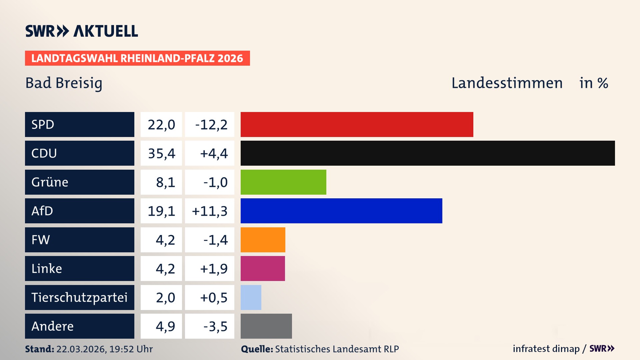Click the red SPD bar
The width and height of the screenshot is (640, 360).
click(357, 124)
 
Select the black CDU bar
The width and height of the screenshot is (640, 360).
click(428, 153)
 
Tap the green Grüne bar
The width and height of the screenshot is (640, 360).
click(283, 182)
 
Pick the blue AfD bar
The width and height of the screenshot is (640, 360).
click(341, 211)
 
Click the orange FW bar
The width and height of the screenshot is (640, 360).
click(263, 240)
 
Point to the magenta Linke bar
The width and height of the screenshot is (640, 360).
click(263, 268)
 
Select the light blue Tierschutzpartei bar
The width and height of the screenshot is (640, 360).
click(251, 297)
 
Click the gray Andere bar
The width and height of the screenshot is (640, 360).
click(266, 326)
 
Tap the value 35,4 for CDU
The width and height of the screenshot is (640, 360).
click(161, 153)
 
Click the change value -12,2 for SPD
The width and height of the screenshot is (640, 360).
click(211, 125)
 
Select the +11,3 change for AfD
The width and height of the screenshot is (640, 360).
click(210, 211)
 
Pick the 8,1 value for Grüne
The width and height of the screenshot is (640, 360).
click(165, 182)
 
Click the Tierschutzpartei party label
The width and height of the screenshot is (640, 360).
click(79, 297)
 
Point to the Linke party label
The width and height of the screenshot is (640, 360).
click(47, 269)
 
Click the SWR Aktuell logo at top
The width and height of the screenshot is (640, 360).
click(82, 31)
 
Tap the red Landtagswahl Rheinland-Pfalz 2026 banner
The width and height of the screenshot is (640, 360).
click(137, 58)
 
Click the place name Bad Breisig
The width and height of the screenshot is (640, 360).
click(64, 83)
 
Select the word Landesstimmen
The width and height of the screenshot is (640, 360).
click(507, 83)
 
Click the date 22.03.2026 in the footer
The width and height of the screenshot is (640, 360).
click(81, 349)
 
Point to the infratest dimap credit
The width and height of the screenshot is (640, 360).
click(546, 349)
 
